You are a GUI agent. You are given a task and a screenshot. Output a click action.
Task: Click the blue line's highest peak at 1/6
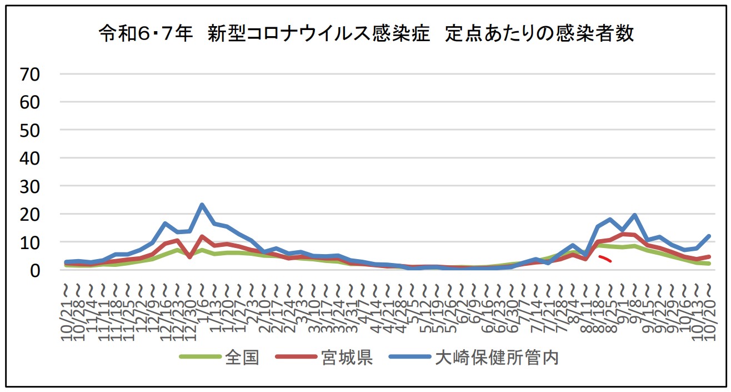point(202,205)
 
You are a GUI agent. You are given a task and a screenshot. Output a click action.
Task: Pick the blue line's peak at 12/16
point(165,224)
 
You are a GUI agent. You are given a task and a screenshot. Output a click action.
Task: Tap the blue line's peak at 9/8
point(634,215)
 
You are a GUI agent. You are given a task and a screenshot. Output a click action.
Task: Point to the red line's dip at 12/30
point(190,257)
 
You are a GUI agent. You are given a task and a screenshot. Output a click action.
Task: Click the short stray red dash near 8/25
point(605,259)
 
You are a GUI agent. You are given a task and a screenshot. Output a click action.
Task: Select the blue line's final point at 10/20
point(709,236)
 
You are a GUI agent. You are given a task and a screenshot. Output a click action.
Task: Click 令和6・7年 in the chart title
point(146,34)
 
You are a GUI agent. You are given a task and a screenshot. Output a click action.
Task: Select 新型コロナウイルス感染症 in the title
point(319,34)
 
